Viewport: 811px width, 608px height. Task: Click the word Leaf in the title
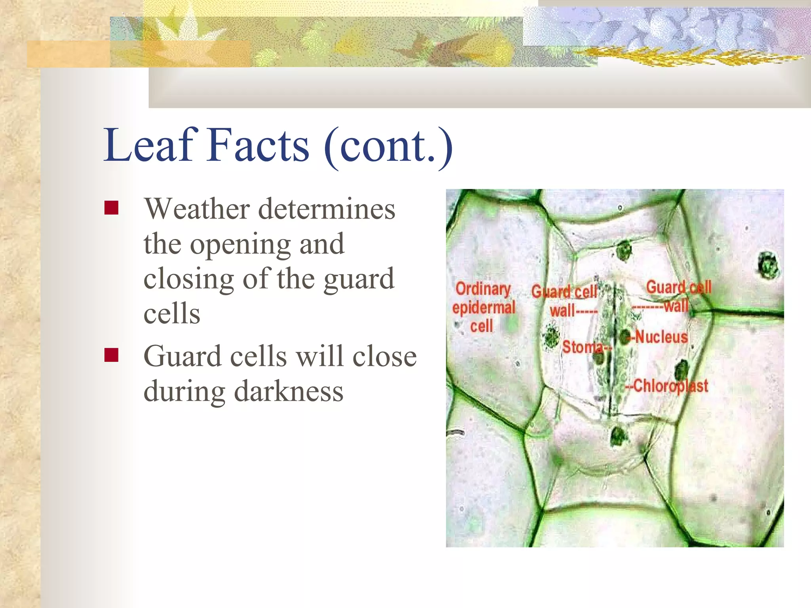click(150, 145)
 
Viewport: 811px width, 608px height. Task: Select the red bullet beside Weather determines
click(111, 207)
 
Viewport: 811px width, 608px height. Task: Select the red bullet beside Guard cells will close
click(111, 355)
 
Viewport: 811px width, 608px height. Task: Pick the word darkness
click(289, 391)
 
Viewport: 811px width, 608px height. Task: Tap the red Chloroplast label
click(670, 386)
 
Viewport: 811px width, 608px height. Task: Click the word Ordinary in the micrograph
click(483, 289)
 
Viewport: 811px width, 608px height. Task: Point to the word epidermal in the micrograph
click(484, 308)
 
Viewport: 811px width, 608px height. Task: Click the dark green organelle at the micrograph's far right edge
click(768, 265)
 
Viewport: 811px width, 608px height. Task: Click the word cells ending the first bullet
click(172, 313)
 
